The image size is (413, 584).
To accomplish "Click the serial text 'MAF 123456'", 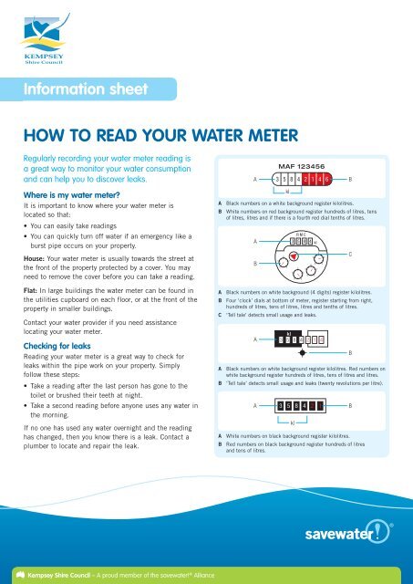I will point(300,166).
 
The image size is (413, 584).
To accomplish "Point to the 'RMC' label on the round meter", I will point(297,235).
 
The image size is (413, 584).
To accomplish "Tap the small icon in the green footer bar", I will point(11,574).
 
